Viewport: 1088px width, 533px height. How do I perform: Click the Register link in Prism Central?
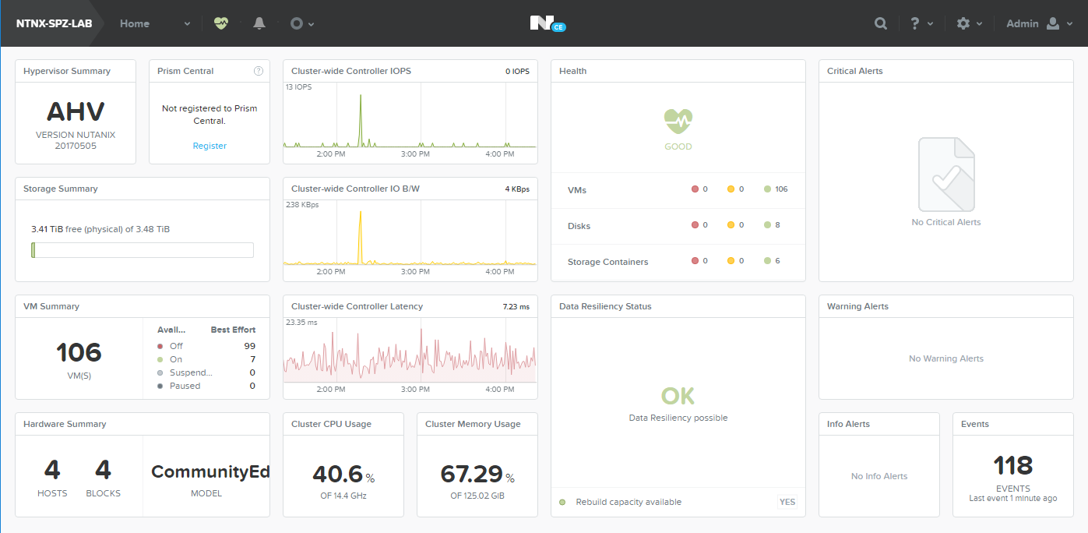[210, 146]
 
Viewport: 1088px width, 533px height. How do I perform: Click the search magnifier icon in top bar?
[881, 23]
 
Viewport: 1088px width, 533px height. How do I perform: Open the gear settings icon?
[963, 23]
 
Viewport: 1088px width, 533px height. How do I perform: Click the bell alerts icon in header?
[259, 23]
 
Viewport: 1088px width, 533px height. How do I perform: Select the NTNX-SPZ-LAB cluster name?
[54, 23]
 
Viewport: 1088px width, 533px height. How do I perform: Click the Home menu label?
[135, 23]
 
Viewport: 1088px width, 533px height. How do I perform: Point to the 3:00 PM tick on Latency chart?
[415, 389]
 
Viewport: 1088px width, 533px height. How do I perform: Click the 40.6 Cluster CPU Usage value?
[338, 474]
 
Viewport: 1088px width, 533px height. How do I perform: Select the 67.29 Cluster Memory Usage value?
[471, 474]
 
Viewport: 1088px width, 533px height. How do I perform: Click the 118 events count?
[1012, 465]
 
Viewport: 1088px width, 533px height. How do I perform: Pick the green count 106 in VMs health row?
[781, 189]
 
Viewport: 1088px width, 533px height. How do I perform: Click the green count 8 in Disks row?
[777, 225]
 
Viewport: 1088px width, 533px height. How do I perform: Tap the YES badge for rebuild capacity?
[787, 502]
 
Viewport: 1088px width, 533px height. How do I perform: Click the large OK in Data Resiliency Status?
[678, 396]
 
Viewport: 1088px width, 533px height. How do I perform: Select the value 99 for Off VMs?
[249, 346]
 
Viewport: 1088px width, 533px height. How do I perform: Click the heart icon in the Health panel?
[678, 122]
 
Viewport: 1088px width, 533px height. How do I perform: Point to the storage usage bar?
[143, 250]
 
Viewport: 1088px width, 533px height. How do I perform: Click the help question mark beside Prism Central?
[259, 71]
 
